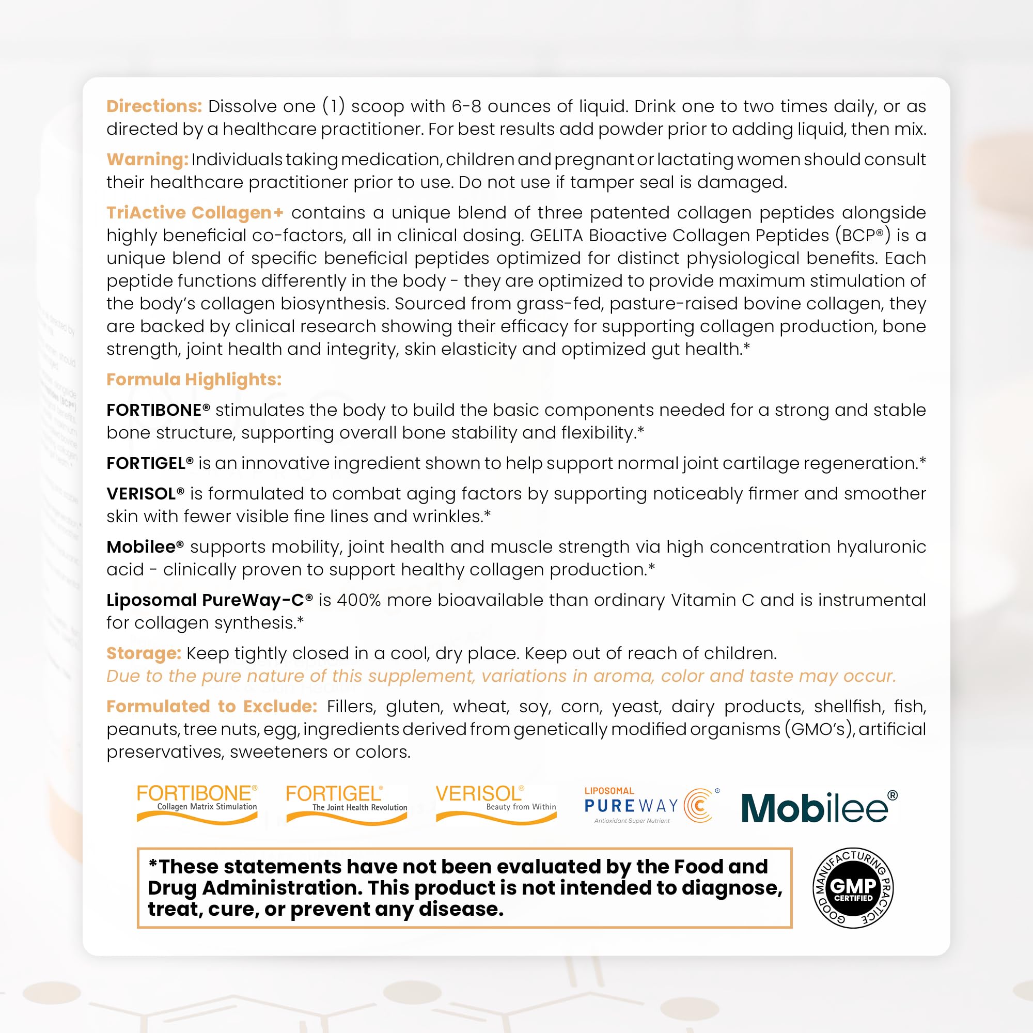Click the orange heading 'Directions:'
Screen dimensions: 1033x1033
click(154, 106)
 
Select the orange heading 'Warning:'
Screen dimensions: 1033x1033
click(147, 159)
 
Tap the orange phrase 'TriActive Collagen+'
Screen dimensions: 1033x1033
click(195, 213)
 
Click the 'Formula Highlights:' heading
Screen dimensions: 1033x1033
click(194, 380)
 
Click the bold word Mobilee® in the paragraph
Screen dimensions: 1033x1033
click(145, 547)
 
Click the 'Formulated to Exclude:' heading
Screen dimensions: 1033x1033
click(212, 707)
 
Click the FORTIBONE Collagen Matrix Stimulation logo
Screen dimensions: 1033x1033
click(197, 803)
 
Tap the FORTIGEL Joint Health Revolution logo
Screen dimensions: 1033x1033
click(347, 804)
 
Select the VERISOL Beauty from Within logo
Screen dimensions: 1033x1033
click(496, 803)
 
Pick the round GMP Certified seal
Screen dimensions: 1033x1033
click(853, 888)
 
